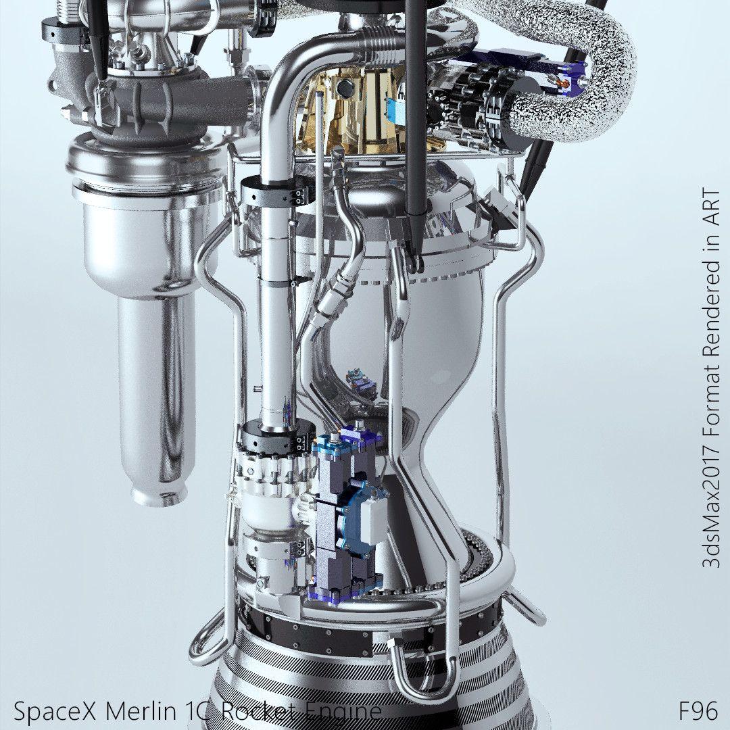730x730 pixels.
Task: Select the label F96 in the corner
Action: point(698,711)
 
